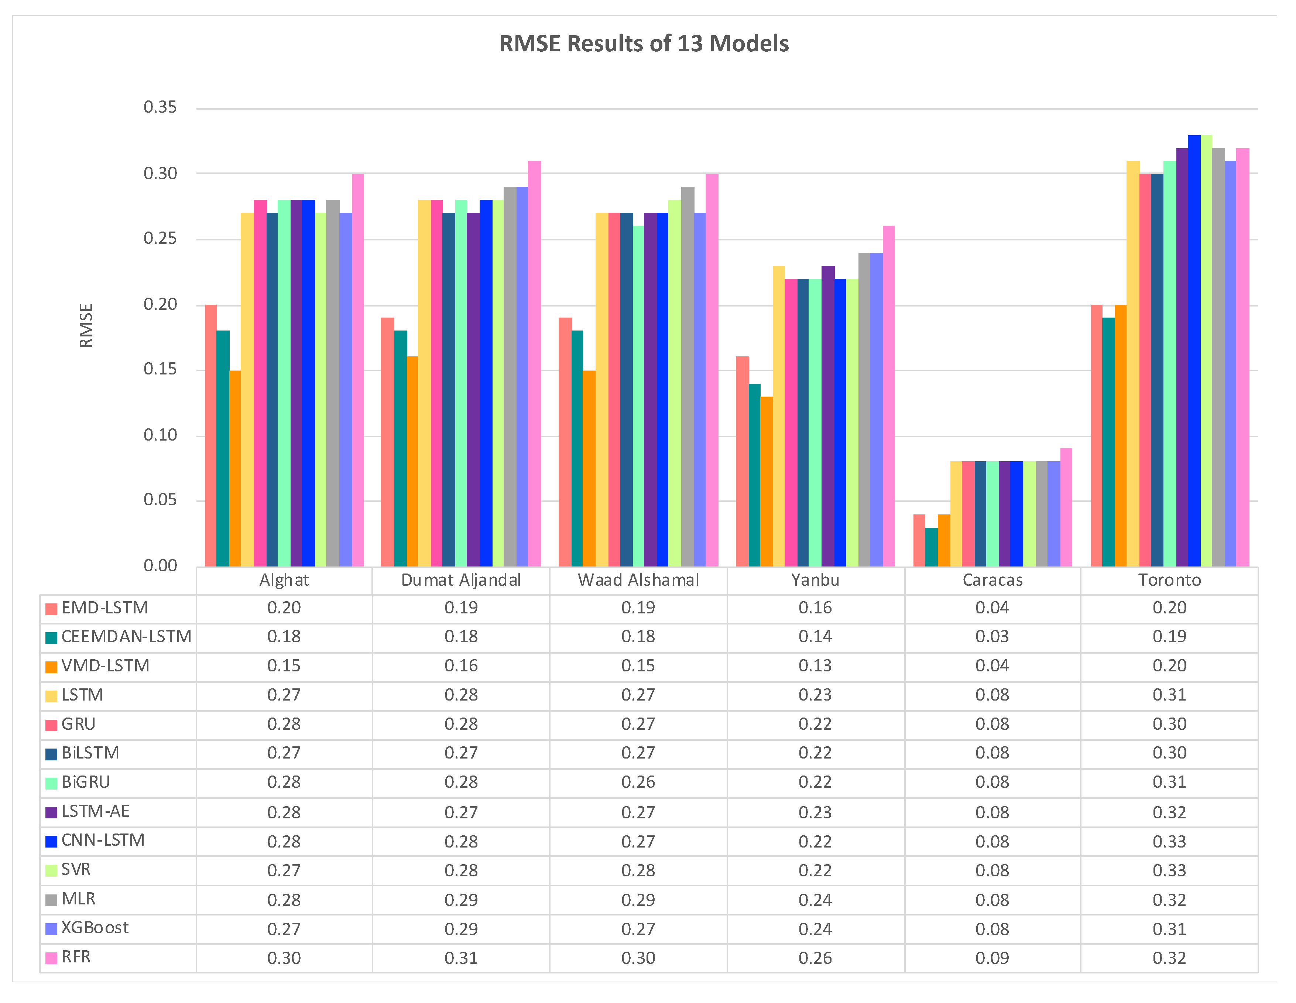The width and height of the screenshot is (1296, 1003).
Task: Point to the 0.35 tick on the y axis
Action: click(x=160, y=107)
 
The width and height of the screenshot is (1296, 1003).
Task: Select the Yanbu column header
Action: click(x=815, y=580)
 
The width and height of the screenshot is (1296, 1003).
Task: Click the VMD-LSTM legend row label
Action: click(x=105, y=666)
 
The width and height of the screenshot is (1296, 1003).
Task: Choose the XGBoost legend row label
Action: click(x=95, y=928)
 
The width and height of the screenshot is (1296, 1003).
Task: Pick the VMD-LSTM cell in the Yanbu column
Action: click(x=815, y=666)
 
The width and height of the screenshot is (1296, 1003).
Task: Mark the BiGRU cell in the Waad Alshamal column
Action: click(x=638, y=782)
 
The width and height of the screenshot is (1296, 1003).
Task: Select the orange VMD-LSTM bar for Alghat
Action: click(x=235, y=469)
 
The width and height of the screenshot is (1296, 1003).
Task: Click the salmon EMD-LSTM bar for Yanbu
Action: click(x=742, y=461)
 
